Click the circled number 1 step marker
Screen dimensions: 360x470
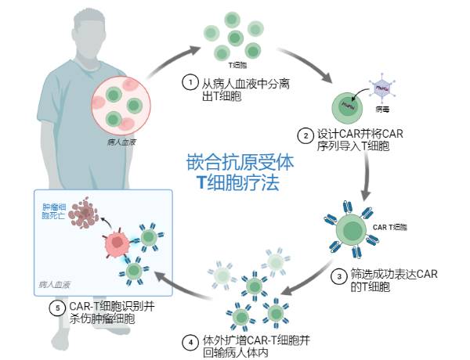tap(189, 81)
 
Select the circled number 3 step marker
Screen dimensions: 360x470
tap(339, 275)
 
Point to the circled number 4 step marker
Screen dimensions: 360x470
tap(189, 340)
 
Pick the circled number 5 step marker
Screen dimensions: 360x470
tap(57, 308)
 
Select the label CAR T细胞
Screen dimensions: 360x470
tap(390, 227)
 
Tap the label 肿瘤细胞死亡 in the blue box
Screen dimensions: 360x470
tap(55, 212)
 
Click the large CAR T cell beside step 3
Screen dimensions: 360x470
tap(351, 232)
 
